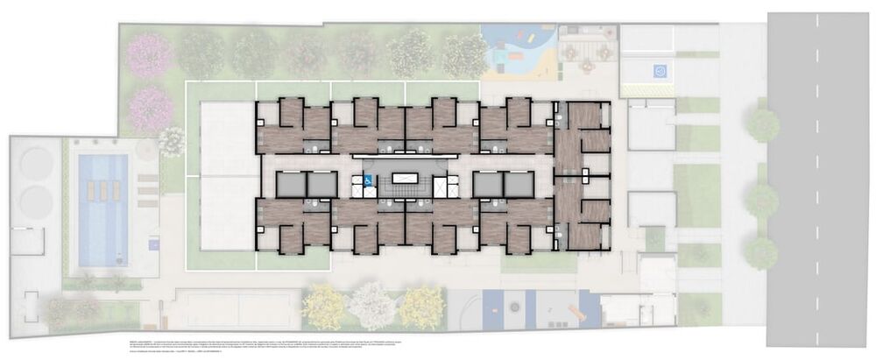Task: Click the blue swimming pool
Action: pyautogui.click(x=102, y=209)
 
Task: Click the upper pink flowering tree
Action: pyautogui.click(x=150, y=54)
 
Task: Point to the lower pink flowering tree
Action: pyautogui.click(x=150, y=109)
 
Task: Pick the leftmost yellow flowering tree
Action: pyautogui.click(x=325, y=307)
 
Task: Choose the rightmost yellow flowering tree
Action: pyautogui.click(x=423, y=307)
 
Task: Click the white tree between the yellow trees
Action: pyautogui.click(x=373, y=305)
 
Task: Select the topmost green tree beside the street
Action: pyautogui.click(x=763, y=125)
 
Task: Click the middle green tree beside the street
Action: pyautogui.click(x=763, y=201)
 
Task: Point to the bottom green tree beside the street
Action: pyautogui.click(x=763, y=253)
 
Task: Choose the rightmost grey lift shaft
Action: pyautogui.click(x=519, y=184)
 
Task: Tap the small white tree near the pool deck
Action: pyautogui.click(x=172, y=141)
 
